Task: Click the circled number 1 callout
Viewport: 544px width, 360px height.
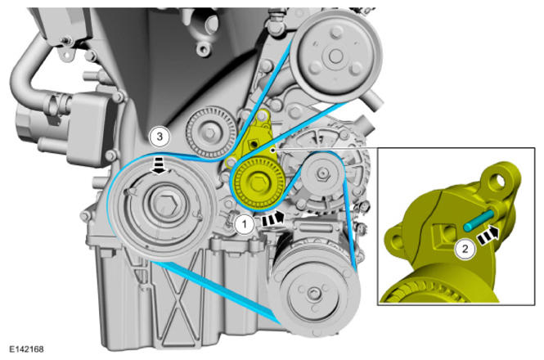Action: [245, 224]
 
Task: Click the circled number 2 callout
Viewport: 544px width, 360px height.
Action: [465, 249]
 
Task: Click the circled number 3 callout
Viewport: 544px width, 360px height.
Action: [160, 137]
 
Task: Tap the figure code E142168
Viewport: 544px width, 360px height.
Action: [26, 349]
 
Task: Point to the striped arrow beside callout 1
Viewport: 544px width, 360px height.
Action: [272, 218]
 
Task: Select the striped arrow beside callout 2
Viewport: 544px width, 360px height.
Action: [488, 236]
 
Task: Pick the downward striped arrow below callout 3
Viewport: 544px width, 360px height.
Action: [160, 165]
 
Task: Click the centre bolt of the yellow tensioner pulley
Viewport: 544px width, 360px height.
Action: [258, 183]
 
